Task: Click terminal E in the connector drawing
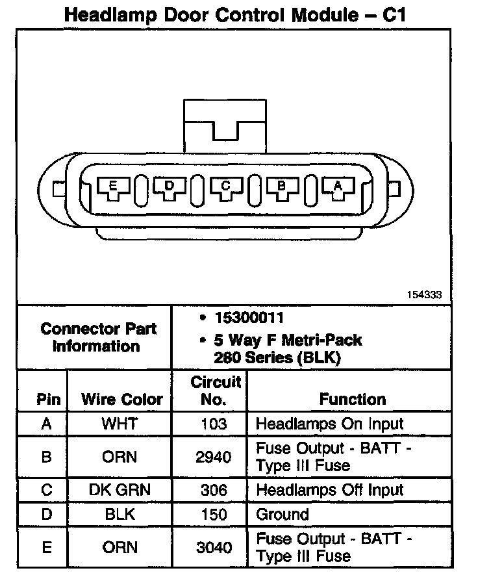[x=113, y=188]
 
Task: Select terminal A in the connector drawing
[x=338, y=188]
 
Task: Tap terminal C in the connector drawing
[x=225, y=188]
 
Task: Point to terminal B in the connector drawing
[x=282, y=188]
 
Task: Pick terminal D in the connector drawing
[x=170, y=188]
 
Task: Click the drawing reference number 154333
[x=425, y=294]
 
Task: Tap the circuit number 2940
[x=213, y=457]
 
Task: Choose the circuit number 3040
[x=213, y=547]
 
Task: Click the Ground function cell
[x=283, y=515]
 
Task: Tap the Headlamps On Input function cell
[x=330, y=424]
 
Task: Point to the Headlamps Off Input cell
[x=330, y=490]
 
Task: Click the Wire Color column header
[x=122, y=399]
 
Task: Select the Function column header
[x=353, y=399]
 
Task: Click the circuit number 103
[x=213, y=424]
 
